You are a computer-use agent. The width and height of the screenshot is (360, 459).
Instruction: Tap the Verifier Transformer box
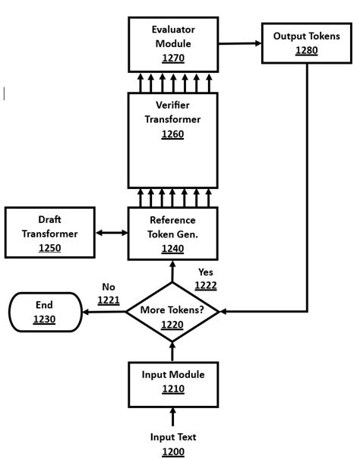click(x=172, y=140)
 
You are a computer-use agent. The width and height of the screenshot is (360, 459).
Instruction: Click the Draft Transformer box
click(x=50, y=234)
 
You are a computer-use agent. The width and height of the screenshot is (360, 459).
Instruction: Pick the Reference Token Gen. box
click(x=172, y=234)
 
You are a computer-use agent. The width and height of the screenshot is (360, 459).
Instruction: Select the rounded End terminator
click(x=44, y=312)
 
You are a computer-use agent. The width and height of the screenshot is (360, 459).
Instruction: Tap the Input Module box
click(x=172, y=382)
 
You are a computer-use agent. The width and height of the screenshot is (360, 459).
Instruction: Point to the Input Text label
click(x=172, y=437)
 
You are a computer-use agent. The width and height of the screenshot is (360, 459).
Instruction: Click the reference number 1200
click(x=172, y=451)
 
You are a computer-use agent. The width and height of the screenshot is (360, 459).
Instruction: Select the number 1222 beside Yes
click(x=206, y=285)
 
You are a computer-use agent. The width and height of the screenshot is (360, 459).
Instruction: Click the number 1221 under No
click(x=109, y=300)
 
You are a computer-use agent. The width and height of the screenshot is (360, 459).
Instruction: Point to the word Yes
click(x=206, y=272)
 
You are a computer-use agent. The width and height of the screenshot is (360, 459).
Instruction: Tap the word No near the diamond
click(x=109, y=287)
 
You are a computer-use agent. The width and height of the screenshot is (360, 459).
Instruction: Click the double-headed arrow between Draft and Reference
click(x=112, y=234)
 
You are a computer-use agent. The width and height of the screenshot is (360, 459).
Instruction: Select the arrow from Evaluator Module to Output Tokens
click(x=239, y=43)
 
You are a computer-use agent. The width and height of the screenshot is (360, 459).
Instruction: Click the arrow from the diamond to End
click(x=103, y=312)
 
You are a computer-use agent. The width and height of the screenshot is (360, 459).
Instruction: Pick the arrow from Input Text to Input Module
click(x=172, y=416)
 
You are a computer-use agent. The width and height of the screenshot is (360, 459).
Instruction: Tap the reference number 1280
click(x=307, y=52)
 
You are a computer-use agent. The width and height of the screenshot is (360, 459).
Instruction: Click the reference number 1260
click(x=172, y=134)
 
